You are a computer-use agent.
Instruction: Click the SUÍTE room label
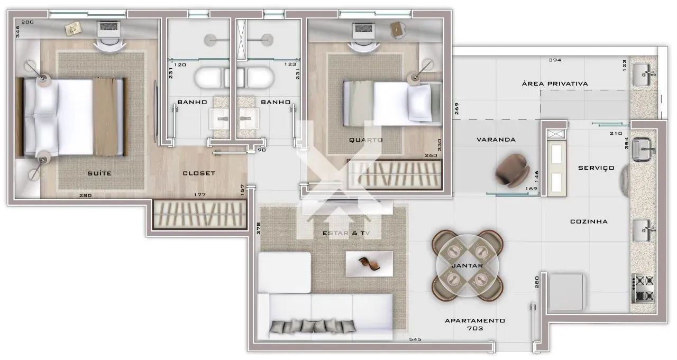coord(99,173)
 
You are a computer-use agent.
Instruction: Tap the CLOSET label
coord(199,173)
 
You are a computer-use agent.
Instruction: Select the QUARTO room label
coord(365,140)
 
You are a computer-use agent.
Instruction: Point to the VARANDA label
coord(496,140)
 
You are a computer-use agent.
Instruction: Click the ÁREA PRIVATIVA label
coord(555,84)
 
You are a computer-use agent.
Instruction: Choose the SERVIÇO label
coord(596,168)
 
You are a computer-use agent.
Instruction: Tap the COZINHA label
coord(589,221)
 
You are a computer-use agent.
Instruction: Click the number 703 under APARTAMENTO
coord(475,328)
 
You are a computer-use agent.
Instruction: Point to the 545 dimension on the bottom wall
coord(415,339)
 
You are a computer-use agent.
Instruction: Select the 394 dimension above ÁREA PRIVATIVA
coord(555,60)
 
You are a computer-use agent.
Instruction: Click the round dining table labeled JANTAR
coord(467,265)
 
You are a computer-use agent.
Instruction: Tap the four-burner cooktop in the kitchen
coord(643,289)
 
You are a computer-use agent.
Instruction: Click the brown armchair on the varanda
coord(512,171)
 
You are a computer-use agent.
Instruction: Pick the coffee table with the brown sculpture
coord(369,264)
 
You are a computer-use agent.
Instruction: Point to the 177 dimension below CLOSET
coord(200,195)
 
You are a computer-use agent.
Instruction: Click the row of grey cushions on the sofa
coord(313,327)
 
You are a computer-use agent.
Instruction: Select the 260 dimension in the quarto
coord(431,155)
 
